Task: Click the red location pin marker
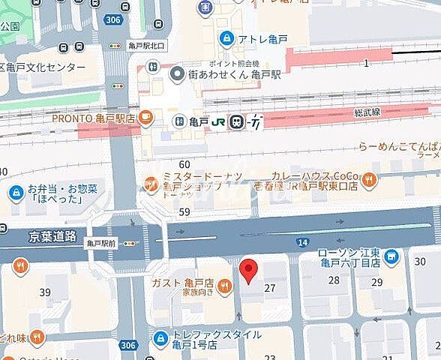coord(248,269)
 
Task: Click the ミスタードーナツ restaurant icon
coord(151,178)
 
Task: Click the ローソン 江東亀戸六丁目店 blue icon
coord(391,258)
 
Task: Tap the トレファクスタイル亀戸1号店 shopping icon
coord(159,339)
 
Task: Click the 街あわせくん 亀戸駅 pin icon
coord(177,73)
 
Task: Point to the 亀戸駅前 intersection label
coord(102,243)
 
